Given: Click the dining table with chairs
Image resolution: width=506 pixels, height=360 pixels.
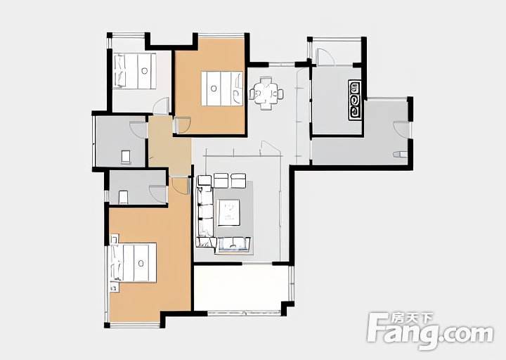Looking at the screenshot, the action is click(x=266, y=94).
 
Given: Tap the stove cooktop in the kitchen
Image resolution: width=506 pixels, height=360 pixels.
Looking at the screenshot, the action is click(x=354, y=101).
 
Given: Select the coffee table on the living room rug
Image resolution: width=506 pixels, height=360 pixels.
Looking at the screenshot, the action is click(x=228, y=212).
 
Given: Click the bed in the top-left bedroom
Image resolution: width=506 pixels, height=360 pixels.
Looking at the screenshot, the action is click(x=135, y=71).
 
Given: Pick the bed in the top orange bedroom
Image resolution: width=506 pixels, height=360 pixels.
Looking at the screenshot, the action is click(x=222, y=89).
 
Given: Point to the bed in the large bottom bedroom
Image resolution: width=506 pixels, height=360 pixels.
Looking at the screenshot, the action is click(x=134, y=263).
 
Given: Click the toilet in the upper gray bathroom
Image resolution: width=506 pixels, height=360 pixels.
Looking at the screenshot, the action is click(x=126, y=157).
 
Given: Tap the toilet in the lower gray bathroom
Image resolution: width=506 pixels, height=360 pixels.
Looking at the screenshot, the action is click(x=123, y=198).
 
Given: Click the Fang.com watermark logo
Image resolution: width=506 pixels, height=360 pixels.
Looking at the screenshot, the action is click(x=431, y=330).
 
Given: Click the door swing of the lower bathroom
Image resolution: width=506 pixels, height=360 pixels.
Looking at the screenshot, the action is click(x=158, y=194).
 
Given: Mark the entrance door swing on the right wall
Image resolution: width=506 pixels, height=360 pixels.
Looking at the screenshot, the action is click(x=402, y=129).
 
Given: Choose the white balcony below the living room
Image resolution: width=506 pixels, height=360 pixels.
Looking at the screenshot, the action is click(x=241, y=288).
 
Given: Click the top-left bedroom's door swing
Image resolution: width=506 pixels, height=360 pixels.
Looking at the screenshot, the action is click(x=161, y=106).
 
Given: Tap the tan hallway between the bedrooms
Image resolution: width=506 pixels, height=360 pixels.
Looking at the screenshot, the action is click(x=169, y=146).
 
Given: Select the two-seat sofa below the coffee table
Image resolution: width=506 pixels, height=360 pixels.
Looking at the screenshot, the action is click(x=234, y=245).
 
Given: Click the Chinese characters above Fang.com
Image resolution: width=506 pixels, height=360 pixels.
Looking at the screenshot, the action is click(x=412, y=318).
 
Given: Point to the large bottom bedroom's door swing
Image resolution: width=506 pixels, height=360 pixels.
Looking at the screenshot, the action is click(x=180, y=186).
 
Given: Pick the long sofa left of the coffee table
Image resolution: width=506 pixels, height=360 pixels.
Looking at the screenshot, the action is click(x=205, y=212).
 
